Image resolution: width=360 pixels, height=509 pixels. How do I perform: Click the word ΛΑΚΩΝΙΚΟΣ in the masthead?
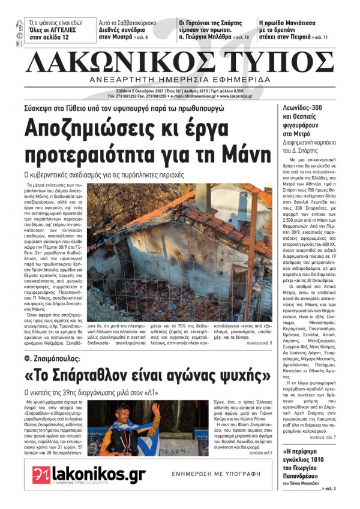tap(112, 62)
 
